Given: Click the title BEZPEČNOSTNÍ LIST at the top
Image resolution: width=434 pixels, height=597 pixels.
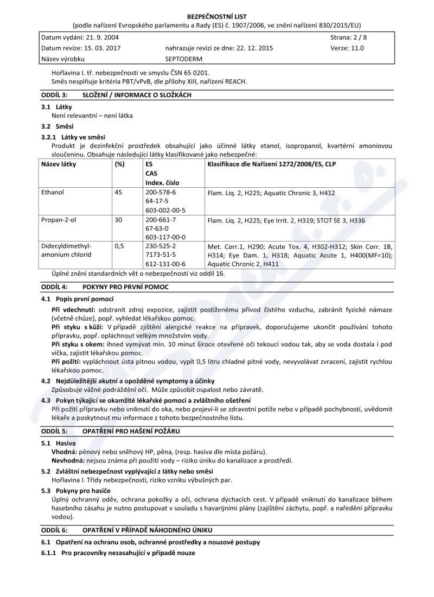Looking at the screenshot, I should coord(216,16).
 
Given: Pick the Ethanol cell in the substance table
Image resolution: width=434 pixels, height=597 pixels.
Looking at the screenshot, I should coord(53,192).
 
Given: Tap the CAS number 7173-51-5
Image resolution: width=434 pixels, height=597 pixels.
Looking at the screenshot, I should coord(161,255).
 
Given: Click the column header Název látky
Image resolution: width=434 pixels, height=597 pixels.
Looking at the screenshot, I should coord(59,163).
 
